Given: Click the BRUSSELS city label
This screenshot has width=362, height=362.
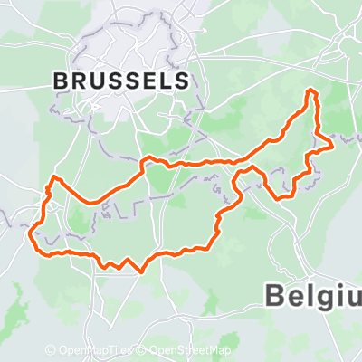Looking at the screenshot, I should [x=121, y=81].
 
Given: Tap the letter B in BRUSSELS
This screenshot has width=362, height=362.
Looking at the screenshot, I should [x=62, y=81].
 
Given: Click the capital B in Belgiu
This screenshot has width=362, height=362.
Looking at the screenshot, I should [x=275, y=293].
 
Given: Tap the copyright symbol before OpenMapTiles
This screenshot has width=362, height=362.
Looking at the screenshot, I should [x=51, y=350].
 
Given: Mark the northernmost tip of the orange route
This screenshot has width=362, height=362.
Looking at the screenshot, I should [x=313, y=90].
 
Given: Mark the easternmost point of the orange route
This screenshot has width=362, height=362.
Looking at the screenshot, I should [x=334, y=142].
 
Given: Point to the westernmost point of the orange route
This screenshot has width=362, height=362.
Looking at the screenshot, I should [x=33, y=240].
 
